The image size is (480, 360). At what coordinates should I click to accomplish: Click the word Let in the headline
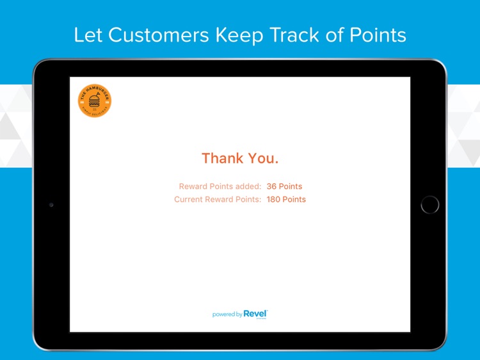88,35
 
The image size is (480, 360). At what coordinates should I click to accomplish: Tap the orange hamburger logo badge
95,101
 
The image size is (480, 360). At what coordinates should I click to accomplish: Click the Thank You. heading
240,158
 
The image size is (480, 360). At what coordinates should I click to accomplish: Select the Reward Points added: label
220,186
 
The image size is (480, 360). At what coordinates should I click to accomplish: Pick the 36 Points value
284,186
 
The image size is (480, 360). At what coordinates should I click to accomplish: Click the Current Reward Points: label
218,199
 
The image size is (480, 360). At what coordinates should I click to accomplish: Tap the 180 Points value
286,199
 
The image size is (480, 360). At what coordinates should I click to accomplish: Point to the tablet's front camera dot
51,205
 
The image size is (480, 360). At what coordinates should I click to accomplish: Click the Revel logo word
255,314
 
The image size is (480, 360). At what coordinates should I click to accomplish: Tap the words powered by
227,315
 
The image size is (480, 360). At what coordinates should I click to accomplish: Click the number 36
271,186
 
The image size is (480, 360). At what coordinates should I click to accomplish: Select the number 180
273,199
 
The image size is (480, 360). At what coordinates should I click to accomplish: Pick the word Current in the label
189,199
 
